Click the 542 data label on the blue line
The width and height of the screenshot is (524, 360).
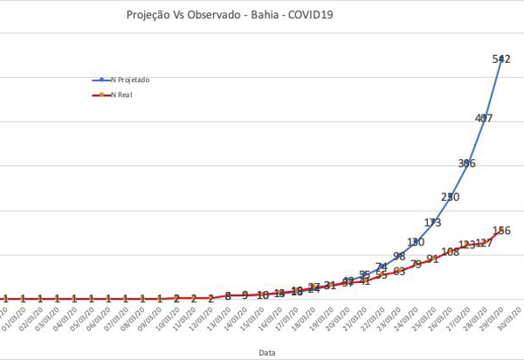click(x=501, y=59)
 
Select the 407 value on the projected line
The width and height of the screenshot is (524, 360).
click(x=484, y=118)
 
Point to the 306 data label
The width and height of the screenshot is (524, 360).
click(x=467, y=163)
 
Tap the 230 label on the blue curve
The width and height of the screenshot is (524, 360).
click(x=450, y=197)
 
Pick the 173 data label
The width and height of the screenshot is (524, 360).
click(x=432, y=222)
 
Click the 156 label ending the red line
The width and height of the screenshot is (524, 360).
click(x=502, y=231)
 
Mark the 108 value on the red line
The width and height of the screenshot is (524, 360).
click(x=450, y=252)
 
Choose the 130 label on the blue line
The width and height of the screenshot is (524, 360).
click(x=416, y=242)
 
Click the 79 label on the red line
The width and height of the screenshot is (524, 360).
click(x=417, y=263)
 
